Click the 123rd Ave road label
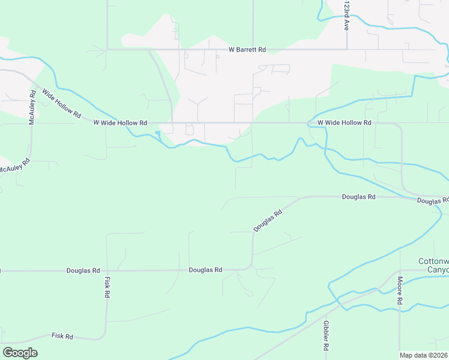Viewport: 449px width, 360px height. (346, 16)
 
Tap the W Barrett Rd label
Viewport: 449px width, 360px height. (247, 50)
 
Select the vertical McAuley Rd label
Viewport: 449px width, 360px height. (32, 109)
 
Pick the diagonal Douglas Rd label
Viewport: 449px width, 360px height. (268, 221)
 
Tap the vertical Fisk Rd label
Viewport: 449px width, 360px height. (107, 287)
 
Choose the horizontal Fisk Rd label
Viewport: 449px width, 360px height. (62, 337)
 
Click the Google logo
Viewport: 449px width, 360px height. (20, 353)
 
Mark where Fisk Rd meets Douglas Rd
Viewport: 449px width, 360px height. (107, 271)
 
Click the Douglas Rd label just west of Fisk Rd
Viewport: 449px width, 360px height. (83, 271)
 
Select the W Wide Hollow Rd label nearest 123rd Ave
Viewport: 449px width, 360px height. (344, 122)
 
